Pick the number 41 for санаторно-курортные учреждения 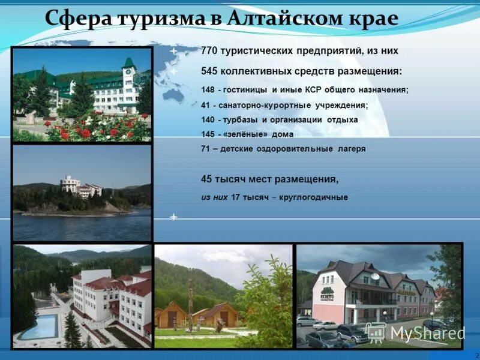pyautogui.click(x=206, y=105)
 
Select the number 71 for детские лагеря pyautogui.click(x=205, y=149)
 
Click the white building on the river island pyautogui.click(x=71, y=184)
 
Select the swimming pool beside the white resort pyautogui.click(x=39, y=326)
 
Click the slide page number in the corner pyautogui.click(x=476, y=355)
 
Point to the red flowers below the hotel pyautogui.click(x=90, y=130)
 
